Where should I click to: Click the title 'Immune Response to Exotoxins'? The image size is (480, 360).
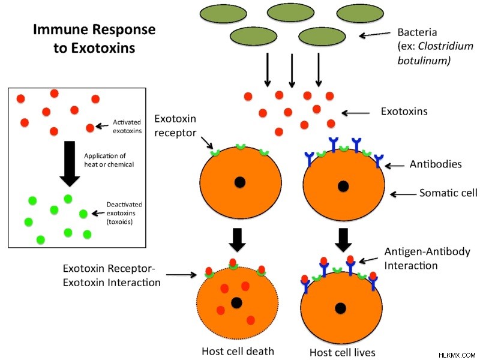point(94,38)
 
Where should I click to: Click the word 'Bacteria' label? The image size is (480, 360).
point(417,32)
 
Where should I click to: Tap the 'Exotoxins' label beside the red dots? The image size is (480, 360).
point(404,111)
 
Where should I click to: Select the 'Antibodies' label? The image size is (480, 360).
point(436,164)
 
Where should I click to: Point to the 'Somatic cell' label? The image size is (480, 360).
point(448,193)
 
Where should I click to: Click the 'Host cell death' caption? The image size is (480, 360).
point(238,351)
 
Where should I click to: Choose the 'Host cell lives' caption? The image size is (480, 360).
point(343,352)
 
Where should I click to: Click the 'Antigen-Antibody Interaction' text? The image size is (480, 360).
point(427,259)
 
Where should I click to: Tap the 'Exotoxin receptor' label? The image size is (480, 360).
point(175,125)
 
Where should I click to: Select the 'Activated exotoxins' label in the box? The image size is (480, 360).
point(127,127)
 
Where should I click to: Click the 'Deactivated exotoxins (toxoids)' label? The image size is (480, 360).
point(124,213)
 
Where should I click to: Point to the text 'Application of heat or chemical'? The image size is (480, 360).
point(109,160)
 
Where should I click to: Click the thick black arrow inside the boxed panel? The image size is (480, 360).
point(70,164)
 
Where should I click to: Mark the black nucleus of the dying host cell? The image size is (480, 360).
point(236,303)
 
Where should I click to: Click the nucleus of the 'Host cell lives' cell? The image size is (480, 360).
point(341,308)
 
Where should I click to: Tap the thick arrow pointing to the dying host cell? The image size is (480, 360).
point(237,239)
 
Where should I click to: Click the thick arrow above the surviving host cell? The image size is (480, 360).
point(343,239)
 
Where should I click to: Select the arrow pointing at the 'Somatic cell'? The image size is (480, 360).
point(403,194)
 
